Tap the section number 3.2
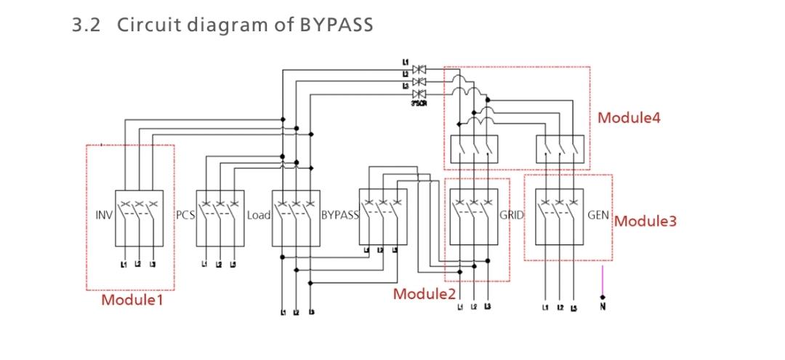pyautogui.click(x=87, y=24)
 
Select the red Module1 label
pyautogui.click(x=132, y=299)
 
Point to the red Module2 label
pyautogui.click(x=424, y=294)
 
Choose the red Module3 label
pyautogui.click(x=645, y=220)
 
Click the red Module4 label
pyautogui.click(x=629, y=117)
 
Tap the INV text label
pyautogui.click(x=103, y=216)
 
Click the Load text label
pyautogui.click(x=259, y=216)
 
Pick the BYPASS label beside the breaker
pyautogui.click(x=339, y=216)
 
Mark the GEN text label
pyautogui.click(x=598, y=216)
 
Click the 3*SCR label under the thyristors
pyautogui.click(x=417, y=105)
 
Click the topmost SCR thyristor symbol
pyautogui.click(x=418, y=69)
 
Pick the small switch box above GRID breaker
pyautogui.click(x=474, y=148)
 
